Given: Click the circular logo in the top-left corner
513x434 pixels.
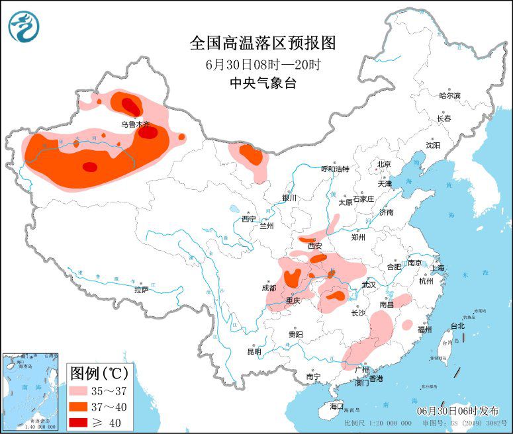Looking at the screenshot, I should point(24,26).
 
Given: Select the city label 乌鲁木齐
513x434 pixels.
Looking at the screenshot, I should point(135,124).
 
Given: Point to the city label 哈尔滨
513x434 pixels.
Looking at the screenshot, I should point(449,95).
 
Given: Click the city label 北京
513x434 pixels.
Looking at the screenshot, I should point(384,164).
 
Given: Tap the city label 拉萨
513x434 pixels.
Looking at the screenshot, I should point(141,289).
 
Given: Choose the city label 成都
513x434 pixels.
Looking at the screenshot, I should point(268,288).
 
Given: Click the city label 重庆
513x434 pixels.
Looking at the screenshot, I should point(293,300).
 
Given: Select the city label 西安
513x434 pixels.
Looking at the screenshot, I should point(315,245).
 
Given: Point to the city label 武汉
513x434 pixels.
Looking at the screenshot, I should point(369,284).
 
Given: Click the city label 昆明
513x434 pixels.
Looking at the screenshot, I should point(254,351).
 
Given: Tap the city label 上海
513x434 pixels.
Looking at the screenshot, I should point(437,269).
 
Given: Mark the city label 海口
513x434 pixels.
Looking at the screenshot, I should point(336,406).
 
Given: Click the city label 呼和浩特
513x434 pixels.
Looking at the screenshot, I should point(334,169).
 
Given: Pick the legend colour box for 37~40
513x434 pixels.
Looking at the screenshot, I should point(83,406).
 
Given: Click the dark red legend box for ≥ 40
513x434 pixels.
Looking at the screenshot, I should point(83,422).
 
